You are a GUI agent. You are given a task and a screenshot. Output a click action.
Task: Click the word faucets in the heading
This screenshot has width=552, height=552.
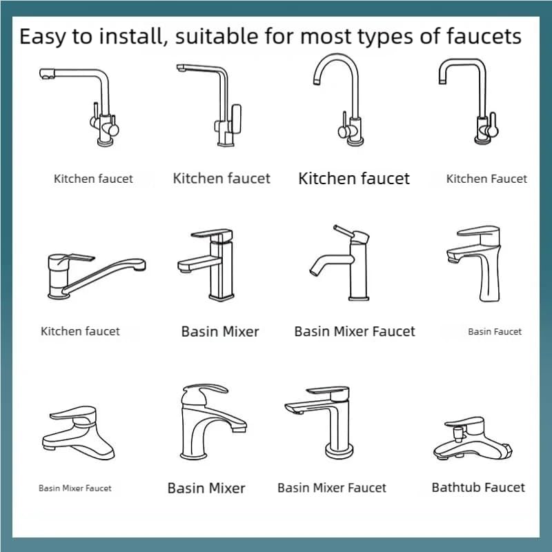(x=484, y=37)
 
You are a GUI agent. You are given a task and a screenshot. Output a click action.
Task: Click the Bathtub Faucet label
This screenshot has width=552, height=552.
(x=478, y=487)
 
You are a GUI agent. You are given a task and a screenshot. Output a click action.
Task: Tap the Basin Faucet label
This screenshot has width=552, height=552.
(x=495, y=332)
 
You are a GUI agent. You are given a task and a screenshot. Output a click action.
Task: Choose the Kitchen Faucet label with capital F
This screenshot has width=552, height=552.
(x=486, y=179)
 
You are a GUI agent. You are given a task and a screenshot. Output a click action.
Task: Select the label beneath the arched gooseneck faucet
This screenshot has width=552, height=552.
(x=354, y=179)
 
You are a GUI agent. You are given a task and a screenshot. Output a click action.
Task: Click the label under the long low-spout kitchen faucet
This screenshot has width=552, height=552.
(x=80, y=331)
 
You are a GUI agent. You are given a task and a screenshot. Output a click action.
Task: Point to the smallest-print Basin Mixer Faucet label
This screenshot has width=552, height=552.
(x=75, y=489)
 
